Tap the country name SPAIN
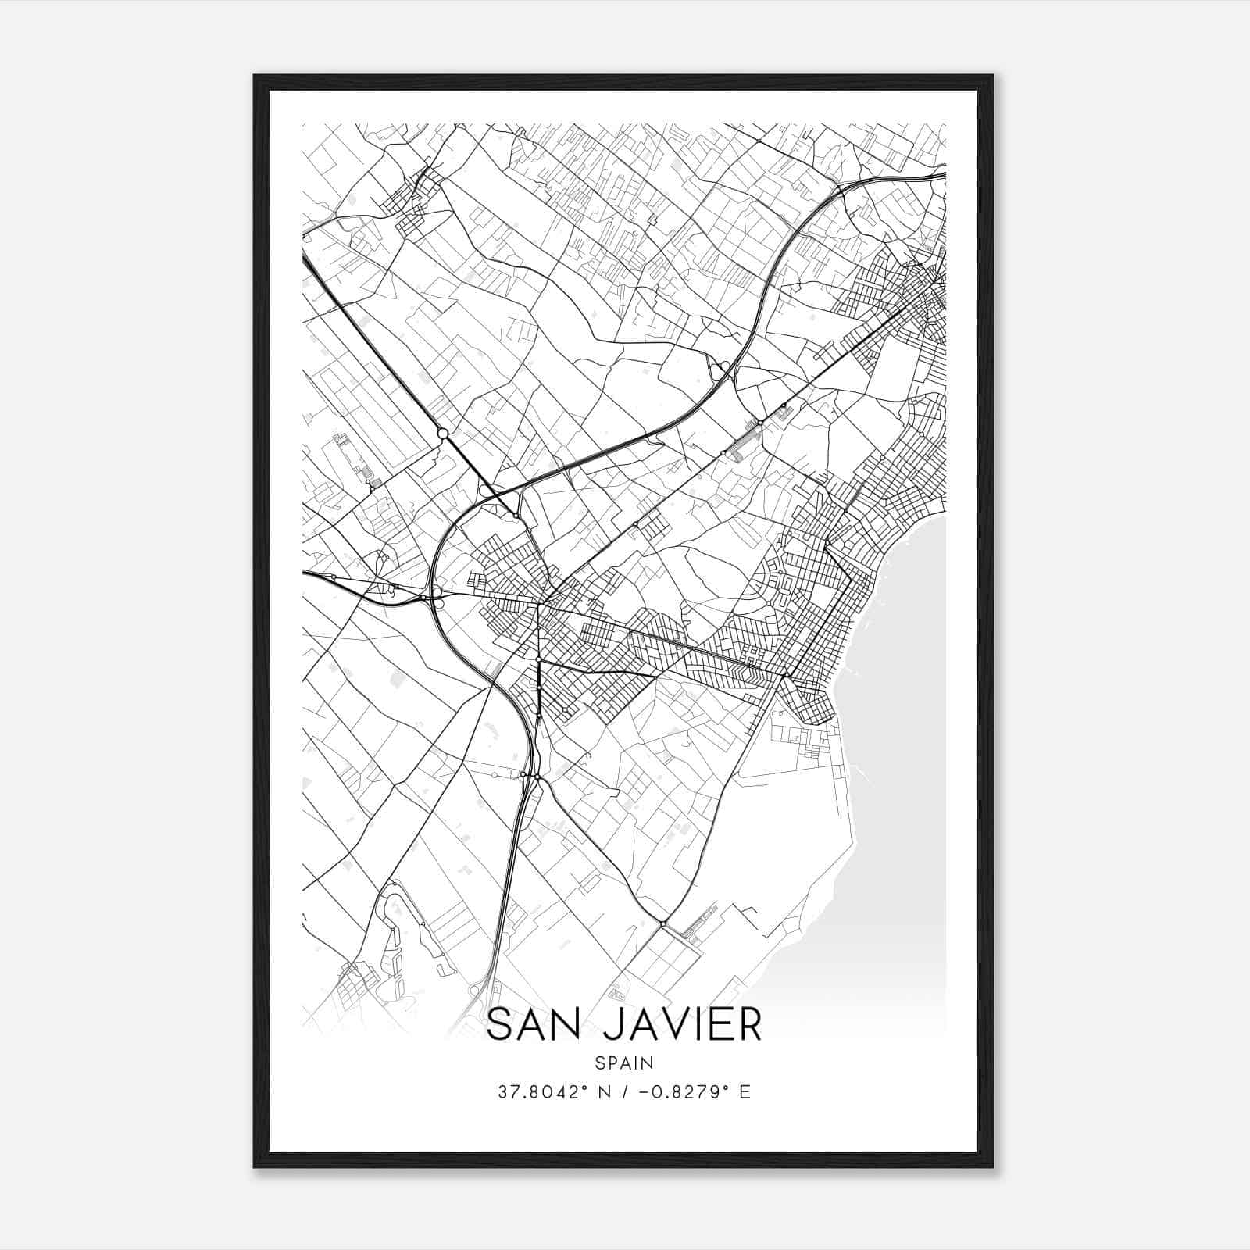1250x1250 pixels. click(x=624, y=1062)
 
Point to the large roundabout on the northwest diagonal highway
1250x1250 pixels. click(x=442, y=433)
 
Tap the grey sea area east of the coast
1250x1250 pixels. click(x=898, y=742)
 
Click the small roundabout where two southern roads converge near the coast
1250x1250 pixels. click(x=662, y=924)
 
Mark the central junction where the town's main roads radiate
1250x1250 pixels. click(x=540, y=602)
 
